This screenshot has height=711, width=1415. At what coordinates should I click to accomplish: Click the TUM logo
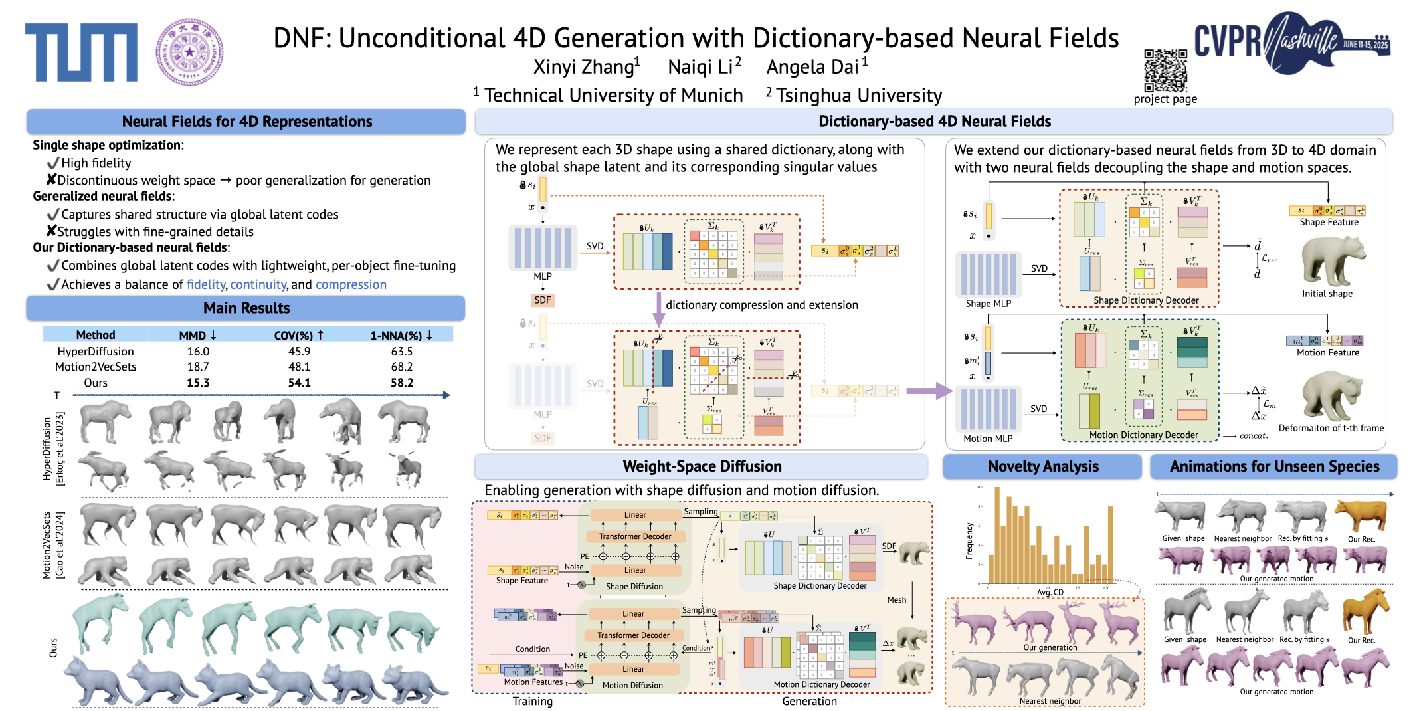pyautogui.click(x=81, y=52)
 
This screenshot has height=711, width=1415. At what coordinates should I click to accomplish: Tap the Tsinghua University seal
pyautogui.click(x=189, y=52)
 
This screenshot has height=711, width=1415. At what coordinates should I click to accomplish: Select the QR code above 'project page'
pyautogui.click(x=1165, y=70)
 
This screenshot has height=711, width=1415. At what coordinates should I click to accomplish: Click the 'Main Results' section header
pyautogui.click(x=246, y=308)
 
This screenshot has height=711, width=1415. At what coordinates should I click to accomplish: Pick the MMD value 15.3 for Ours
pyautogui.click(x=198, y=383)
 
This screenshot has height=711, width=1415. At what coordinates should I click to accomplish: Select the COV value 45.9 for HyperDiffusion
pyautogui.click(x=299, y=352)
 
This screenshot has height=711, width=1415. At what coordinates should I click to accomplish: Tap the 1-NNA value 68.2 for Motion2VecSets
pyautogui.click(x=401, y=367)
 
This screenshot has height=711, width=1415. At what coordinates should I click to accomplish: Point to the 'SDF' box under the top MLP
pyautogui.click(x=543, y=300)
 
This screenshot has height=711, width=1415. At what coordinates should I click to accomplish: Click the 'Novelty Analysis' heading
pyautogui.click(x=1043, y=466)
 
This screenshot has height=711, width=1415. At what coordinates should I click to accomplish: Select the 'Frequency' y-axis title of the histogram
pyautogui.click(x=969, y=540)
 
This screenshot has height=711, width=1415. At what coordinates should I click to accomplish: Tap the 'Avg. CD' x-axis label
pyautogui.click(x=1050, y=592)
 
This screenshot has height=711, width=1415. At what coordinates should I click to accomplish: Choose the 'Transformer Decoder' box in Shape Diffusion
pyautogui.click(x=635, y=536)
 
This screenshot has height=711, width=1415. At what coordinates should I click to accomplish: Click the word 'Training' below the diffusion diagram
pyautogui.click(x=532, y=701)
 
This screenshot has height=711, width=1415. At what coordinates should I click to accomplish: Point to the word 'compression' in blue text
pyautogui.click(x=351, y=284)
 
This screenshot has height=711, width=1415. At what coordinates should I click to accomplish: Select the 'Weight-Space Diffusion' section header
pyautogui.click(x=702, y=466)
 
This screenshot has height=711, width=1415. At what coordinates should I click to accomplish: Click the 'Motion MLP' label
pyautogui.click(x=988, y=439)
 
